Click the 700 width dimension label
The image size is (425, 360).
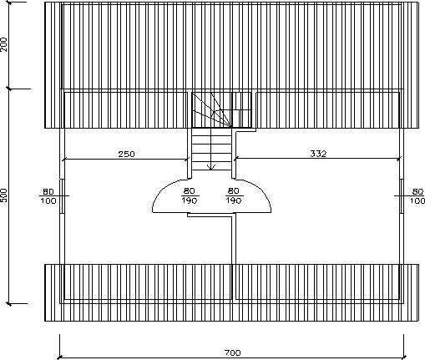click(232, 353)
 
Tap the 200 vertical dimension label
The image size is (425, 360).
click(4, 44)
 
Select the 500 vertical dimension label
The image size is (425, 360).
click(4, 195)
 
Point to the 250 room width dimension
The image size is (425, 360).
click(126, 154)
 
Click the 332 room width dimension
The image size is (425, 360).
click(318, 154)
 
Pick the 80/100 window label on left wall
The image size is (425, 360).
click(48, 196)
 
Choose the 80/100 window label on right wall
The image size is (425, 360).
click(417, 196)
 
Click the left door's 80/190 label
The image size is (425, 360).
click(190, 195)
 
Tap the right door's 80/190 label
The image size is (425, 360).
click(234, 195)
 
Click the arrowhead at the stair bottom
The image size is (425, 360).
click(211, 167)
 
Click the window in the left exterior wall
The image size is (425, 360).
click(63, 196)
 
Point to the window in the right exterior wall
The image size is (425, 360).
click(402, 196)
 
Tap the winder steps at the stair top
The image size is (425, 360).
click(212, 110)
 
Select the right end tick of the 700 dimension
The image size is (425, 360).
click(404, 357)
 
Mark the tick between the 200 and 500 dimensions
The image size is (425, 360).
click(9, 89)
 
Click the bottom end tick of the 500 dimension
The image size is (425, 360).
click(9, 304)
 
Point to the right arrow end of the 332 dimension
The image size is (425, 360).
click(399, 159)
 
